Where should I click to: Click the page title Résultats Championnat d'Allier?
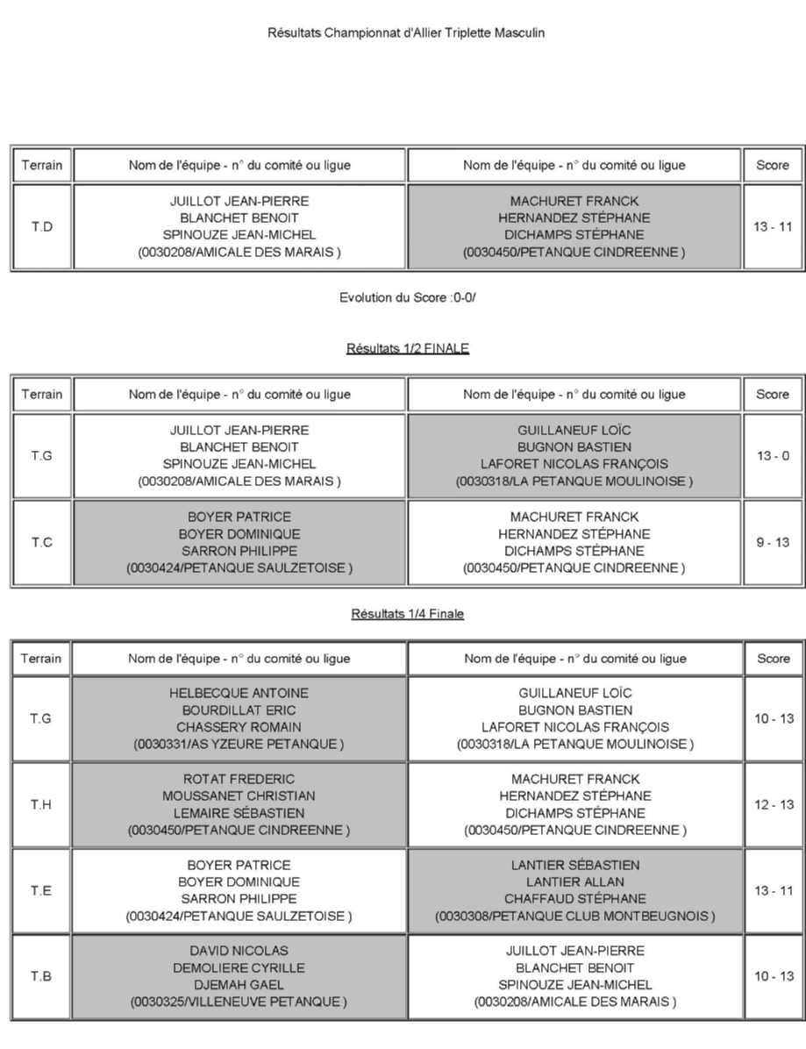click(407, 33)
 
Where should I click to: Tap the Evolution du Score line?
click(407, 298)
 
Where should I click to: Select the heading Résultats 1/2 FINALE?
click(407, 349)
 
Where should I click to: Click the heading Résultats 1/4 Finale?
click(407, 614)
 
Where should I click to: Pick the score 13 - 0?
click(772, 456)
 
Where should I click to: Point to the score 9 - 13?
click(772, 543)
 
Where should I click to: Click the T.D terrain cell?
click(42, 227)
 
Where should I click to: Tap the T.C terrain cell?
click(42, 543)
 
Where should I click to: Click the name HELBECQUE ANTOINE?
click(239, 693)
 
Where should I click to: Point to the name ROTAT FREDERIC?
click(239, 779)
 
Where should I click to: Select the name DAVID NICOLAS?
click(239, 951)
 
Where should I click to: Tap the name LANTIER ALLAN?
click(574, 881)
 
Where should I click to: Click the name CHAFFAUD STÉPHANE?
click(574, 899)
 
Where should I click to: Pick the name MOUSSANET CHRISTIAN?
click(239, 796)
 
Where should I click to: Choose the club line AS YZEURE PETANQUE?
click(239, 745)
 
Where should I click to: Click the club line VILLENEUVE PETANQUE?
click(239, 1002)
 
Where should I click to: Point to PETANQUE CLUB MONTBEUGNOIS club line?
click(574, 917)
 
